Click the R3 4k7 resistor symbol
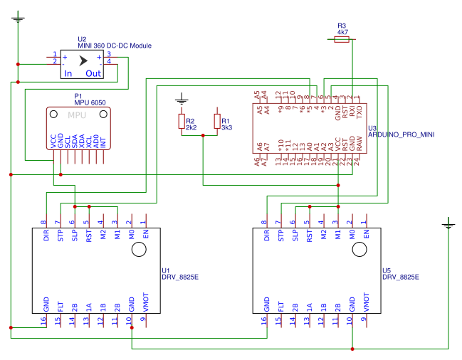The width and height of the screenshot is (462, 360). pyautogui.click(x=342, y=41)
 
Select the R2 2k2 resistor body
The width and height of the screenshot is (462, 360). pyautogui.click(x=182, y=122)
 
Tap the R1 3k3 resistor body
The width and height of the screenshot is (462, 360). pyautogui.click(x=217, y=122)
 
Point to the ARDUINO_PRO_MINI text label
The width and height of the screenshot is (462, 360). pyautogui.click(x=401, y=134)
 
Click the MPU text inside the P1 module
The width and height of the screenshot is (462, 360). pyautogui.click(x=78, y=115)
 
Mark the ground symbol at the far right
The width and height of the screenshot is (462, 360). pyautogui.click(x=448, y=225)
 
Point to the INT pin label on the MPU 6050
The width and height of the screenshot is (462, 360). pyautogui.click(x=103, y=142)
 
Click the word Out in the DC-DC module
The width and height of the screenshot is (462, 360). pyautogui.click(x=93, y=73)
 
